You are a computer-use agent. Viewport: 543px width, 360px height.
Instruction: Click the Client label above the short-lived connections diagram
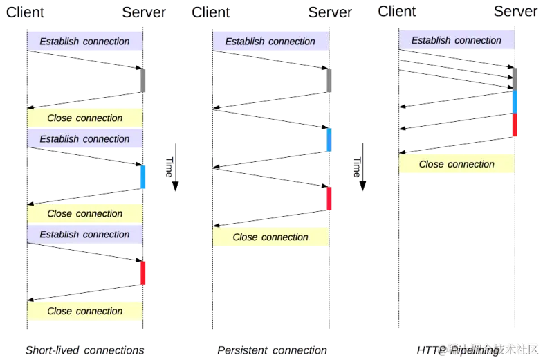[x=25, y=12]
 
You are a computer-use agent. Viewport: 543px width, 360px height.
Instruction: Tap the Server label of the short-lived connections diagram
[x=144, y=12]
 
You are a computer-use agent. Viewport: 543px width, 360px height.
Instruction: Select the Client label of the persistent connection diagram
[x=211, y=12]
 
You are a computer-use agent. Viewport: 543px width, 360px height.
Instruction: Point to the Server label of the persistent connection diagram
[x=330, y=12]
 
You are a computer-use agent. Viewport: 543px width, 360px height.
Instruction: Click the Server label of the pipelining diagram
[x=515, y=10]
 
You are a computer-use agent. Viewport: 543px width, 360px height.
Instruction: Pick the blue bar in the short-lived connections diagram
[x=142, y=177]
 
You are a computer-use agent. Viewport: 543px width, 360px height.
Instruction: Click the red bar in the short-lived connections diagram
[x=142, y=272]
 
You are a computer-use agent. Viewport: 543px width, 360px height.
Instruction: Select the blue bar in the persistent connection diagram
[x=329, y=139]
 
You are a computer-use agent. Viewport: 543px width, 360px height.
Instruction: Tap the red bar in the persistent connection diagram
[x=329, y=198]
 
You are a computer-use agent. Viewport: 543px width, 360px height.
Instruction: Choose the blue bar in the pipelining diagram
[x=514, y=101]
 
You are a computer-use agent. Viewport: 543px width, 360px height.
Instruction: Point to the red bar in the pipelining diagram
[x=514, y=125]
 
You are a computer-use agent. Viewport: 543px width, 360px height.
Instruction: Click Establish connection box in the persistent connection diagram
[x=270, y=42]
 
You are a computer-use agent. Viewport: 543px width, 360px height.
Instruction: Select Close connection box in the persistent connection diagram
[x=270, y=237]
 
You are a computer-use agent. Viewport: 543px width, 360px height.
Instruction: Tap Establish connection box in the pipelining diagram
[x=457, y=40]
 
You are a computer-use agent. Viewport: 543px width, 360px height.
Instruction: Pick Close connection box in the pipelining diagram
[x=457, y=165]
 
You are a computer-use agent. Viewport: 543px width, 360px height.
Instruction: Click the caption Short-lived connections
[x=84, y=350]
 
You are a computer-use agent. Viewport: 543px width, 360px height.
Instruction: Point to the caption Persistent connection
[x=271, y=350]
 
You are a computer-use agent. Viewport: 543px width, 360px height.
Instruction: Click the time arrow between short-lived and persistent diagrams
[x=174, y=166]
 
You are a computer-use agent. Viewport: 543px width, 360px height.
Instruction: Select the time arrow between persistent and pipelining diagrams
[x=360, y=166]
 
